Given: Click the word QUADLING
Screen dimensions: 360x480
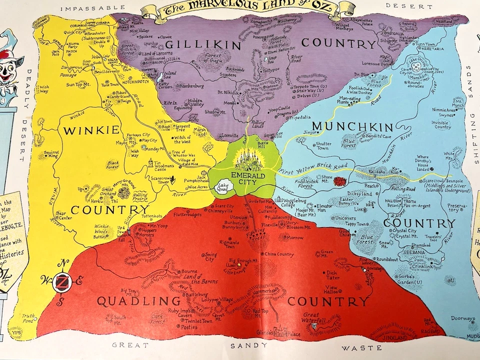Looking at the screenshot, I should [x=138, y=301].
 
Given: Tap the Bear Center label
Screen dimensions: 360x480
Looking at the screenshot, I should [x=63, y=215].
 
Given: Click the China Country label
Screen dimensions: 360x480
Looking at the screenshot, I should [x=278, y=254].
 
